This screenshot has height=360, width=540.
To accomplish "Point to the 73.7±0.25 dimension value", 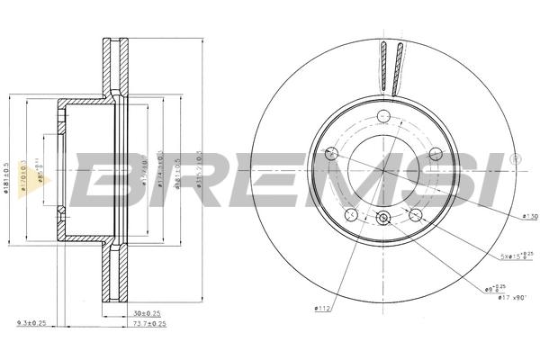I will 135,323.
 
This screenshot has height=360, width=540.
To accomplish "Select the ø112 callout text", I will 324,310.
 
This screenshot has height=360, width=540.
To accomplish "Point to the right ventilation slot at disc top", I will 396,67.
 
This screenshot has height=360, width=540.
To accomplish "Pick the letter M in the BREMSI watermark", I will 337,180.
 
